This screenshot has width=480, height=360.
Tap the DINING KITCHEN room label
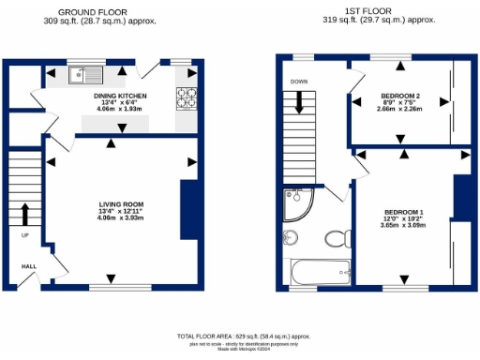pos(119,96)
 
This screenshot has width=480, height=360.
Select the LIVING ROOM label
pos(121,203)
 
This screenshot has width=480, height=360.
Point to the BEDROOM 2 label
pos(399,97)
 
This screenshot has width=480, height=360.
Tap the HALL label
pos(29,266)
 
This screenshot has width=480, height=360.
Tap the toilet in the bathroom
pos(335,236)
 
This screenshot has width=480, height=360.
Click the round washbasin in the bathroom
pos(291,237)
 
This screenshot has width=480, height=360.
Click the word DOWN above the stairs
pos(299,82)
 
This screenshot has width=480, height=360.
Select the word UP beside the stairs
pos(25,235)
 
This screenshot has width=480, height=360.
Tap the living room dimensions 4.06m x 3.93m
pos(121,217)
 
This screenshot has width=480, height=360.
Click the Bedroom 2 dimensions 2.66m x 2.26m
pos(399,111)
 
